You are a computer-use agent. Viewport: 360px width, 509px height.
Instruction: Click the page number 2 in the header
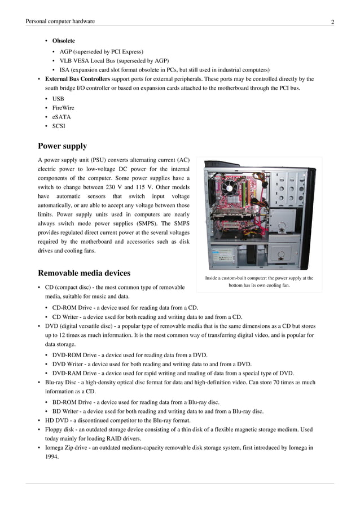pos(332,22)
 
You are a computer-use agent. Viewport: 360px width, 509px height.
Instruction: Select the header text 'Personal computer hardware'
pos(60,21)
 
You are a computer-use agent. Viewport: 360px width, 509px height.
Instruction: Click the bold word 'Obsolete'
pos(63,41)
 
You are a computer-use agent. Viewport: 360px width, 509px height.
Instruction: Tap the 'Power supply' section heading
pos(62,146)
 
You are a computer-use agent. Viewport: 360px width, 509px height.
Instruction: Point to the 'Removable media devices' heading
pos(84,273)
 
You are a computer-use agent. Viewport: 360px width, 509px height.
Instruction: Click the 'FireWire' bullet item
pos(63,108)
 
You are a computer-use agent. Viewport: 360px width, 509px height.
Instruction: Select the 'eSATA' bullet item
pos(62,117)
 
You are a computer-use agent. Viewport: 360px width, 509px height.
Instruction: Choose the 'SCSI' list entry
pos(59,126)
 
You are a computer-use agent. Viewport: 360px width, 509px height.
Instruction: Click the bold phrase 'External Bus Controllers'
pos(77,79)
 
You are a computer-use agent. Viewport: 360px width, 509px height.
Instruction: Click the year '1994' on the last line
pos(52,457)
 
